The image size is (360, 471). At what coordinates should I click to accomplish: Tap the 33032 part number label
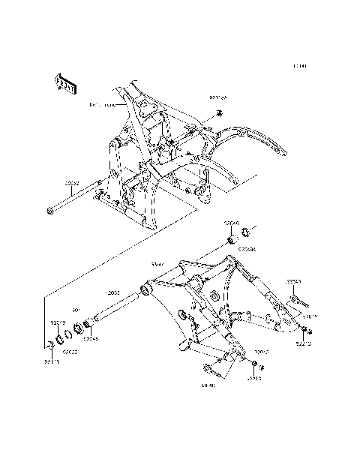(72, 181)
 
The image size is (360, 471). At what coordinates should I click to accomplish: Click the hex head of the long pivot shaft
(49, 212)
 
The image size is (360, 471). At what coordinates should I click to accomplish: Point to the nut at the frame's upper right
(216, 114)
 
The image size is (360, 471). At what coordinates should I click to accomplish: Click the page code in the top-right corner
(300, 66)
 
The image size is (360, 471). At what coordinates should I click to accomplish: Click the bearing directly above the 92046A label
(232, 240)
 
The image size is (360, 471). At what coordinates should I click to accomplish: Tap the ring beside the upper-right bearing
(252, 229)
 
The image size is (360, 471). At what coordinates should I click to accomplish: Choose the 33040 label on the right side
(293, 281)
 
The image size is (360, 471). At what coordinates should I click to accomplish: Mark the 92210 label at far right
(301, 344)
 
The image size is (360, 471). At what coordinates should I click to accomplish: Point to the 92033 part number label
(70, 350)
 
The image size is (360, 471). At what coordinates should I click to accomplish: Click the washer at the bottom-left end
(50, 344)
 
